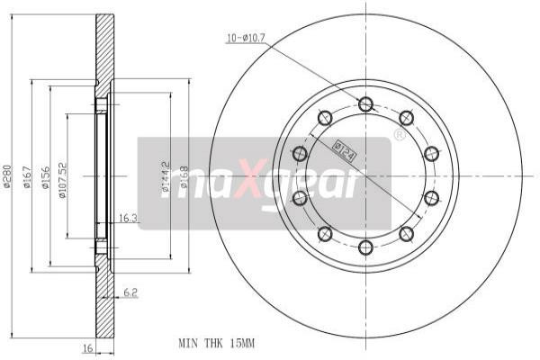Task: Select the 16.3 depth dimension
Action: point(128,217)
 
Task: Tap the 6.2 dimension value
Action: point(130,292)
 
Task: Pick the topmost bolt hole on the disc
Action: point(365,104)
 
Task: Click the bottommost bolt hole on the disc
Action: point(365,247)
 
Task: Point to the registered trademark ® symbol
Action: point(399,135)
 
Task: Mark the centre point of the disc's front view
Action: point(365,176)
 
